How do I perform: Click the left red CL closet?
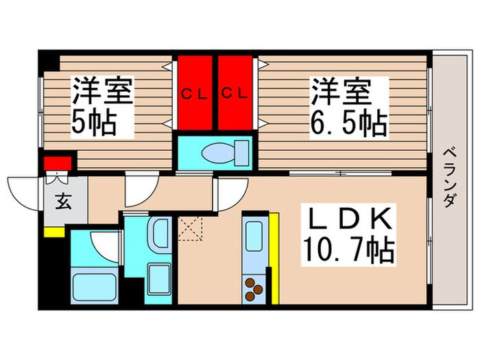coord(196,93)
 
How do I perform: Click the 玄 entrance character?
coord(62,204)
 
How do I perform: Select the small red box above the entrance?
coord(58,163)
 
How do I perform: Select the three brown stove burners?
coord(254,287)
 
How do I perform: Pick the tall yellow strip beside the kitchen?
coord(274,257)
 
